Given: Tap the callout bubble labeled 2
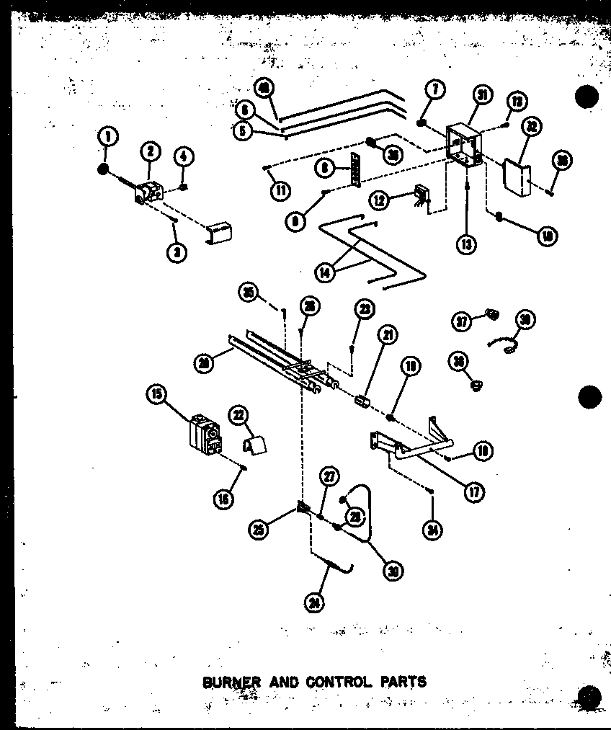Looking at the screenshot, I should click(151, 151).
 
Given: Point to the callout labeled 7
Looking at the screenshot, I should click(435, 90).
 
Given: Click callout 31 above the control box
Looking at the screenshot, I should click(482, 94).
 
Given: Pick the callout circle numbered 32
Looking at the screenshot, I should click(532, 126).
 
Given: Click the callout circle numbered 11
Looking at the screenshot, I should click(278, 191).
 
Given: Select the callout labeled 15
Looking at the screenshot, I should click(155, 393).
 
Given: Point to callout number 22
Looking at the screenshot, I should click(237, 414).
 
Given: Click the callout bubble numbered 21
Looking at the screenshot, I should click(390, 334).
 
